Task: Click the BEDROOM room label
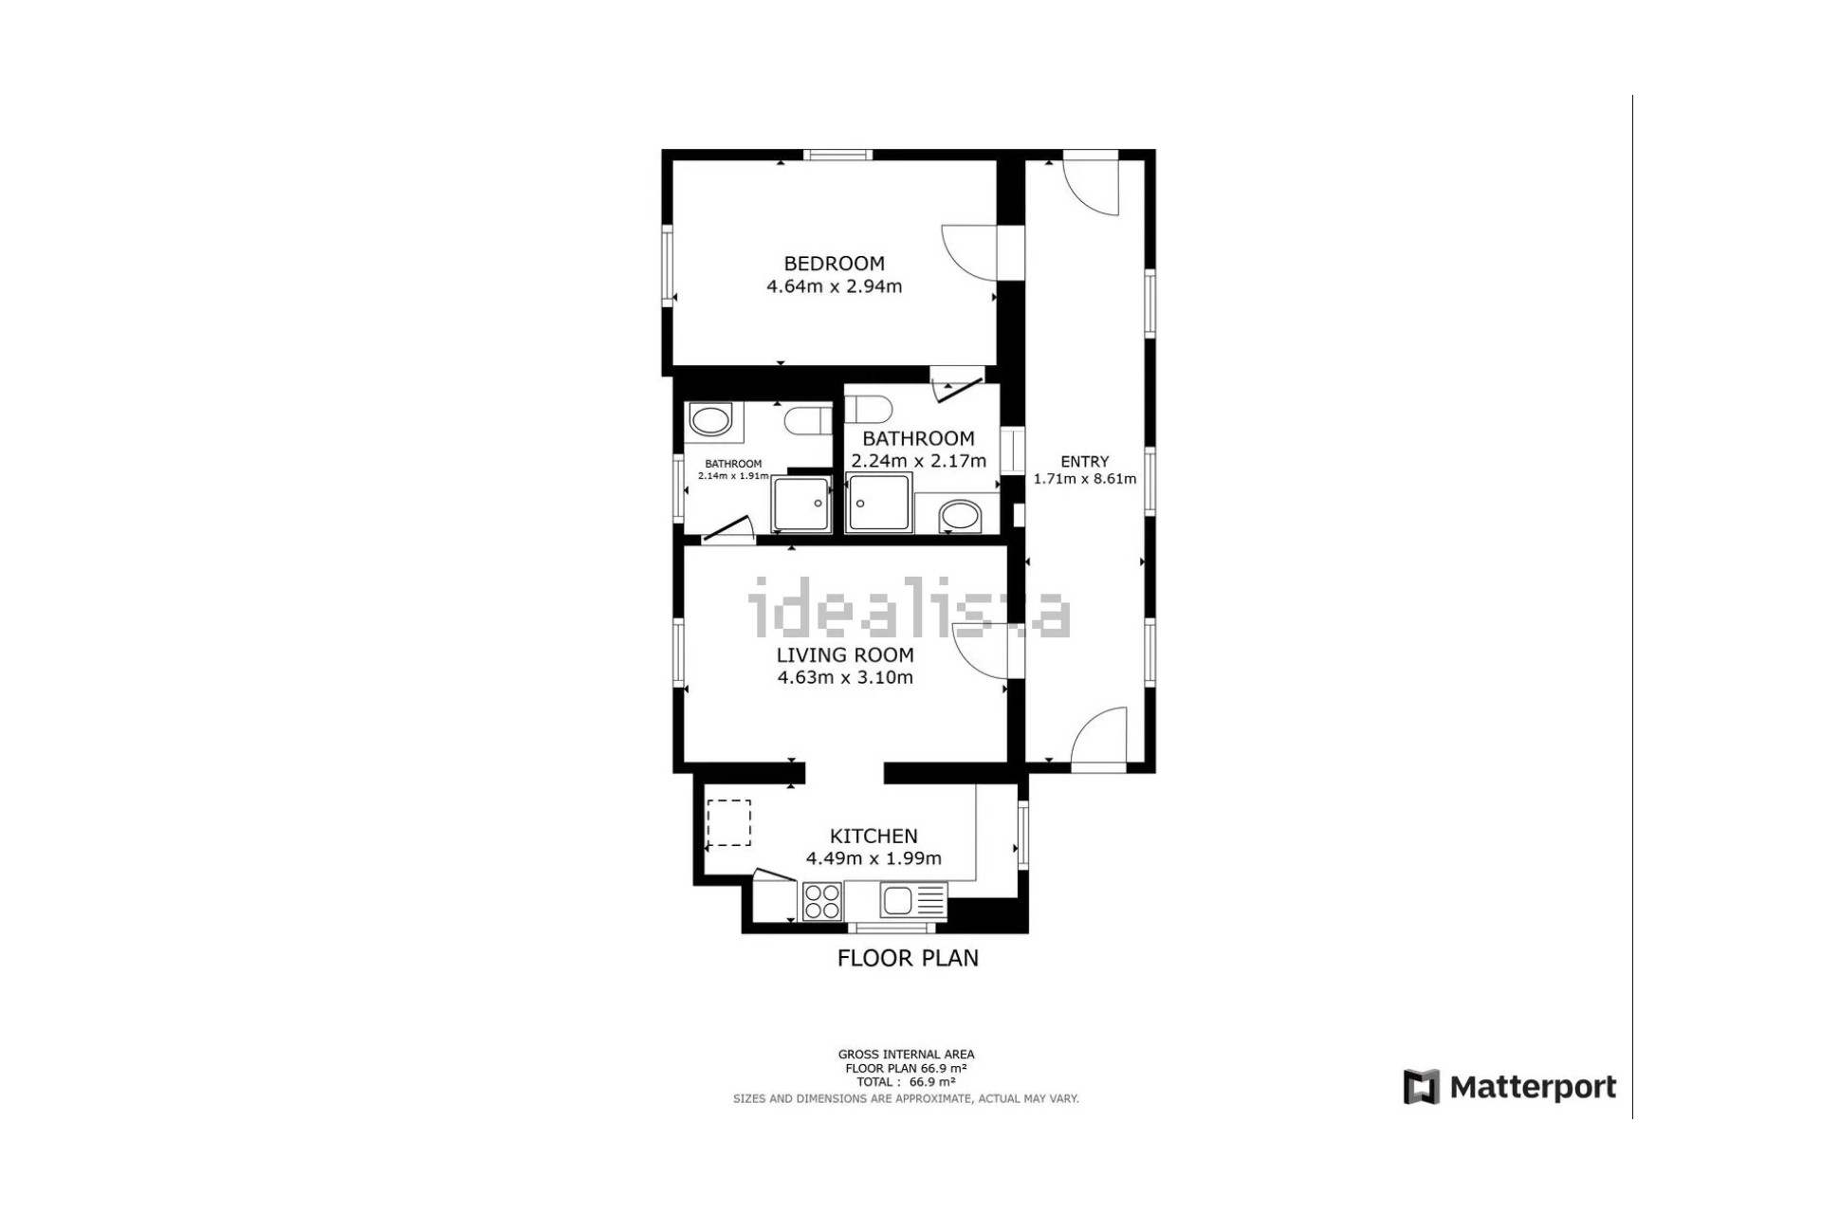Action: (834, 264)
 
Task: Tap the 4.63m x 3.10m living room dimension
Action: (845, 677)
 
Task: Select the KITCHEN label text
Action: (874, 836)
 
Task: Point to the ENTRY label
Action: (1084, 462)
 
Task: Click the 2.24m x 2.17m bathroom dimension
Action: (919, 461)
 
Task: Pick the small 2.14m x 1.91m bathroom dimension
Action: (733, 476)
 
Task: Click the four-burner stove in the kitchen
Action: (822, 901)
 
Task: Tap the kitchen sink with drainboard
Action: (913, 900)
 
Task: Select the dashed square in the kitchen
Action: (728, 822)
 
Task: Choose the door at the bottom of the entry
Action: (1098, 736)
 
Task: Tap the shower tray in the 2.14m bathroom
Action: (802, 505)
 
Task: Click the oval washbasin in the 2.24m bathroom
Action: (960, 518)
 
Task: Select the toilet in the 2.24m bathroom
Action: (869, 410)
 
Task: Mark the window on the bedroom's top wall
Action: (837, 155)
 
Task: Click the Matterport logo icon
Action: (1422, 1087)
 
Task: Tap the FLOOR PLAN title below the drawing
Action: (908, 958)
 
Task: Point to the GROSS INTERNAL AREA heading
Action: (906, 1054)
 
